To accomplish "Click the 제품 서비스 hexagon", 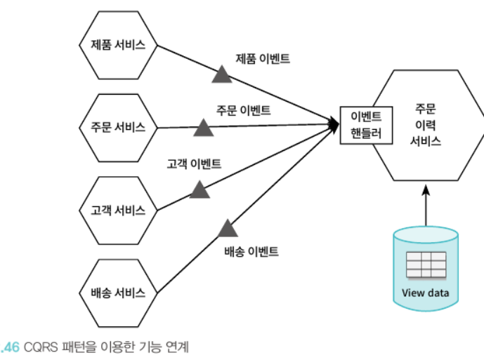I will (118, 44).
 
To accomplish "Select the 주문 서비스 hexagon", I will (118, 127).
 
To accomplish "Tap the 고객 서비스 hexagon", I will (118, 210).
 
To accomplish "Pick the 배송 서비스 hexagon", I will (118, 293).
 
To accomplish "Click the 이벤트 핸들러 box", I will (365, 124).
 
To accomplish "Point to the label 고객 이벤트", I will (194, 164).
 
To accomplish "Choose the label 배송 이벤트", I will (251, 251).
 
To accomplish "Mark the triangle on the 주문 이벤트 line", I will (204, 127).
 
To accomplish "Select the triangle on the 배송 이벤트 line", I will (227, 228).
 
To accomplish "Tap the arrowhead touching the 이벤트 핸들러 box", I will (334, 124).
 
